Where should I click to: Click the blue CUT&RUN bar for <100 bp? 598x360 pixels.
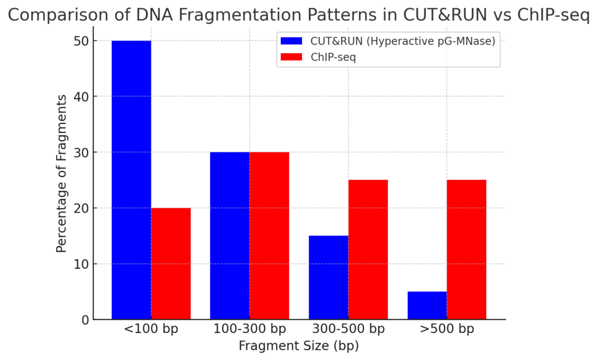pos(131,180)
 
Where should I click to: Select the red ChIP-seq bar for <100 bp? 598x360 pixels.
pos(171,264)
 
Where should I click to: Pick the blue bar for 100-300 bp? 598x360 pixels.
pos(230,236)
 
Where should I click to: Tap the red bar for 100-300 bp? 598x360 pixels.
pos(269,236)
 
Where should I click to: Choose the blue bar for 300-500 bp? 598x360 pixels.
pos(329,278)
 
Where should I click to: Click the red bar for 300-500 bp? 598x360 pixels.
pos(368,250)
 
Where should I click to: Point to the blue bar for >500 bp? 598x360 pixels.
pos(427,306)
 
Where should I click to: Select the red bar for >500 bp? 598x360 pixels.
pos(467,250)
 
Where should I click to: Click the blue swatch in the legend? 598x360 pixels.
pos(291,41)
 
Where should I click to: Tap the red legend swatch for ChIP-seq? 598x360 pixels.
pos(291,57)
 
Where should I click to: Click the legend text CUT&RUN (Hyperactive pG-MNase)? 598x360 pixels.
pos(403,41)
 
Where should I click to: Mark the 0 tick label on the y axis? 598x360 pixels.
pos(85,320)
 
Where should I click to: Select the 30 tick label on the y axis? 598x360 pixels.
pos(81,153)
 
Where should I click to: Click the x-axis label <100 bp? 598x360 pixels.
pos(151,328)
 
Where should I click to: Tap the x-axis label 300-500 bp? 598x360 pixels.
pos(349,328)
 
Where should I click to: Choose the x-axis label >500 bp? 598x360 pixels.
pos(447,328)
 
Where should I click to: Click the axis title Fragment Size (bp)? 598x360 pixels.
pos(299,346)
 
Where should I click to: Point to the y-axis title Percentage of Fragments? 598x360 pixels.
pos(61,174)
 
